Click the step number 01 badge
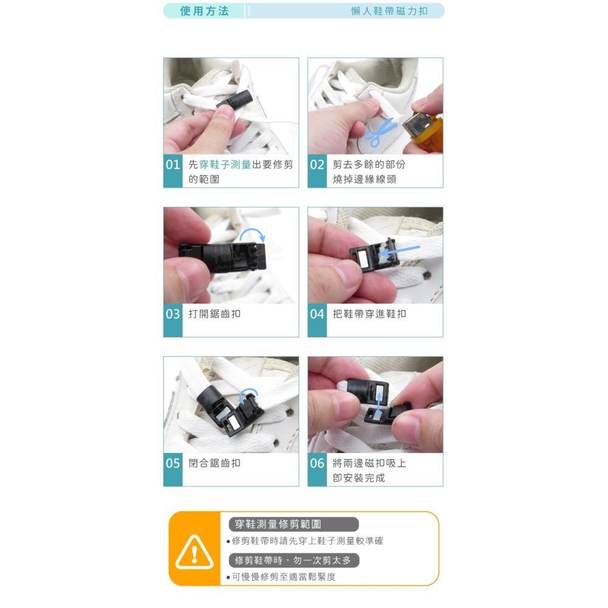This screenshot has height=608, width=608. tap(173, 165)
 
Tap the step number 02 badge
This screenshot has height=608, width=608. tap(317, 165)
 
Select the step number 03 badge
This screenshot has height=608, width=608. tap(173, 314)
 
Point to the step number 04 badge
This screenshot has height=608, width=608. tap(317, 314)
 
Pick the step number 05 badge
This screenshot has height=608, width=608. tap(173, 463)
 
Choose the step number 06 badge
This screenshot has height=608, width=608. tap(317, 463)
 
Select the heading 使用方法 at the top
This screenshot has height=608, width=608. tap(204, 11)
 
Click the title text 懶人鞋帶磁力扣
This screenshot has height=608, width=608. tap(389, 11)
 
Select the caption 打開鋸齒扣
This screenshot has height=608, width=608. tap(215, 314)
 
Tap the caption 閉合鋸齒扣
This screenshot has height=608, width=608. tap(215, 463)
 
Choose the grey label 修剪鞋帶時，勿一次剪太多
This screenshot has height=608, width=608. tap(294, 560)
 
